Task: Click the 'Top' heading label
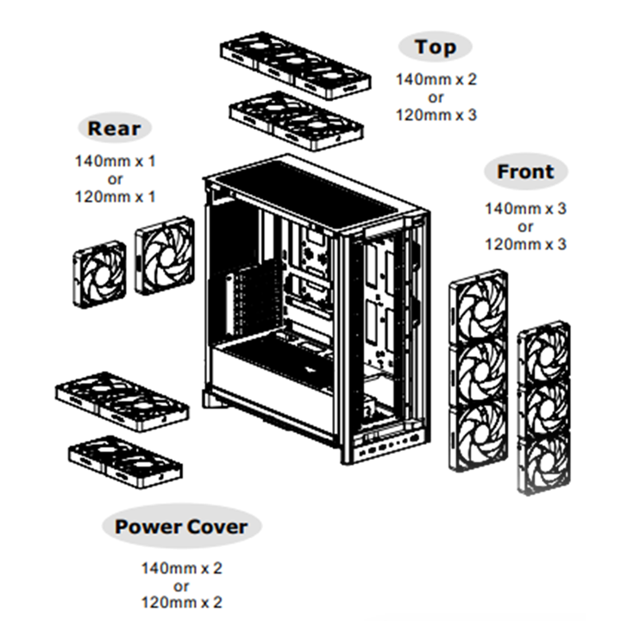tap(435, 47)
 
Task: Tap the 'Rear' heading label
tap(114, 129)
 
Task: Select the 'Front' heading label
tap(525, 172)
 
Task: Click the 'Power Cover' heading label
tap(180, 526)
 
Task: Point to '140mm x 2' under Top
tap(436, 79)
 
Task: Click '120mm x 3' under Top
tap(436, 114)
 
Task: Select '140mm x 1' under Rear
tap(116, 161)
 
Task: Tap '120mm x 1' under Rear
tap(116, 197)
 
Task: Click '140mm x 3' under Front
tap(525, 209)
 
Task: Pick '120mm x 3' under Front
tap(525, 244)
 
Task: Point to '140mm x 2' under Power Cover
tap(182, 568)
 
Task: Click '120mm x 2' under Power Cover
tap(182, 603)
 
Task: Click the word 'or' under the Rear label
tap(116, 179)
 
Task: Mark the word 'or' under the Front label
tap(525, 227)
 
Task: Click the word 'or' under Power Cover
tap(182, 586)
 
